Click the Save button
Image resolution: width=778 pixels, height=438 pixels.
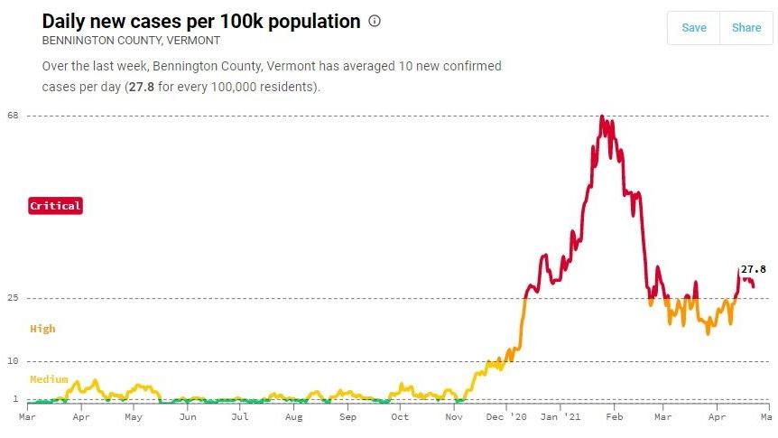pos(693,27)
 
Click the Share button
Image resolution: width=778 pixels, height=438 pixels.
pos(746,27)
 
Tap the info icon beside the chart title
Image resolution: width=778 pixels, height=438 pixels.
pos(375,22)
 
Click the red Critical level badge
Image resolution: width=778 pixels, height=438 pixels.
pos(56,206)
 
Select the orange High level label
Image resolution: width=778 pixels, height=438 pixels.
pos(42,329)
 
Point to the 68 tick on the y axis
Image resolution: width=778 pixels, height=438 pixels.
pos(14,116)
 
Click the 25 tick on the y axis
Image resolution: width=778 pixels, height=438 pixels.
pos(14,298)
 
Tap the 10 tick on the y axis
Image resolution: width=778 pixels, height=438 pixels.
pos(14,361)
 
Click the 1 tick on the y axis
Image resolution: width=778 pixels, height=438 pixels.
pos(15,398)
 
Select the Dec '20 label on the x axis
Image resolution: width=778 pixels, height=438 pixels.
pos(518,417)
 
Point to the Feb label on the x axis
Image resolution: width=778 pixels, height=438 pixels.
pos(614,417)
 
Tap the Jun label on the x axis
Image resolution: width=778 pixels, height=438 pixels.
pos(187,417)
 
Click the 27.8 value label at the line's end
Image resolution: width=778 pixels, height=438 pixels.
pos(753,269)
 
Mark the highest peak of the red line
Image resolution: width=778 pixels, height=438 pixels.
pos(602,116)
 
